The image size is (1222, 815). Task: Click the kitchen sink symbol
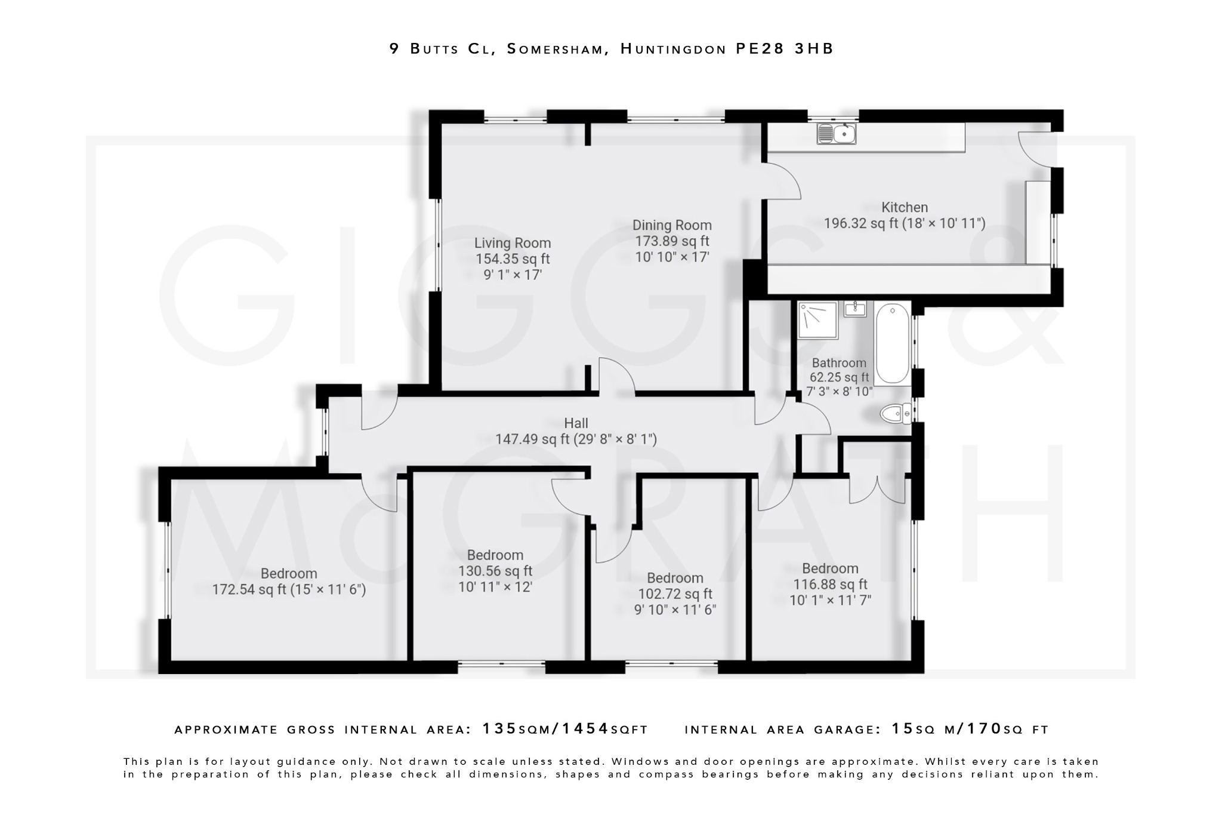pos(837,134)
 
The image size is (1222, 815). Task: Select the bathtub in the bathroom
pos(892,343)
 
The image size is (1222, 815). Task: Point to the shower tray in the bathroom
pos(817,319)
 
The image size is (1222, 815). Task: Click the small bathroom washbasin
pos(856,309)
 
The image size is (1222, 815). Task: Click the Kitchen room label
pos(905,208)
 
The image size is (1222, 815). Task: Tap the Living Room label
pos(513,243)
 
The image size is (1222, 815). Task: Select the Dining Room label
pos(672,225)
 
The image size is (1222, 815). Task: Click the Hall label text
pos(576,423)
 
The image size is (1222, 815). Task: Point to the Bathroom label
pos(839,363)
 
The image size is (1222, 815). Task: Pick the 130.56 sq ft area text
pos(495,571)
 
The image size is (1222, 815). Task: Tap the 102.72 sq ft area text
pos(675,594)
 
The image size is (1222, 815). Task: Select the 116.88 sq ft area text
pos(830,585)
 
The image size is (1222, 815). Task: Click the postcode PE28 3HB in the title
pos(784,49)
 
